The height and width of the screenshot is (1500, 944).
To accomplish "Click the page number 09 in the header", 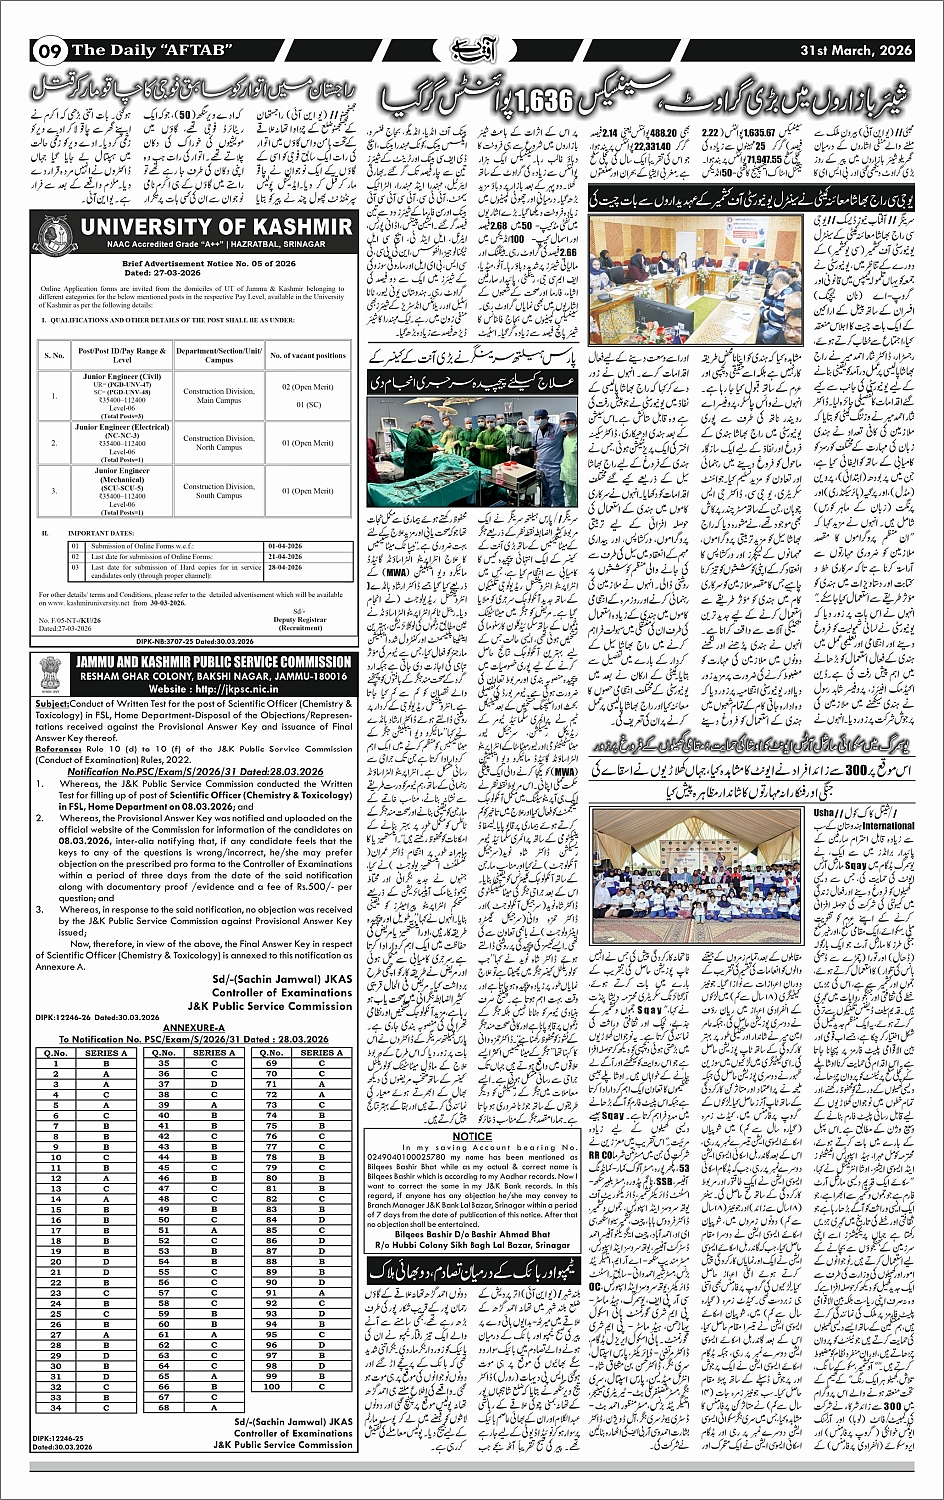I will (x=49, y=50).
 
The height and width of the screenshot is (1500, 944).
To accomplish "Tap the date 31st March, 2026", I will (x=856, y=49).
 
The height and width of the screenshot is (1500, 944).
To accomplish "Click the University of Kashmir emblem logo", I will (x=54, y=233).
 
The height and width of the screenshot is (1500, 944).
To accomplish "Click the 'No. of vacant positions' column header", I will (x=309, y=354).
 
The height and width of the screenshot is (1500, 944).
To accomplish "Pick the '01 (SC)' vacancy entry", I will (x=308, y=405).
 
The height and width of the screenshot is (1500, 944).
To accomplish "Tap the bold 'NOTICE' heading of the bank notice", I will (x=472, y=1136).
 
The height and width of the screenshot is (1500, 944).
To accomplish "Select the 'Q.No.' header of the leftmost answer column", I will (x=56, y=1053).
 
